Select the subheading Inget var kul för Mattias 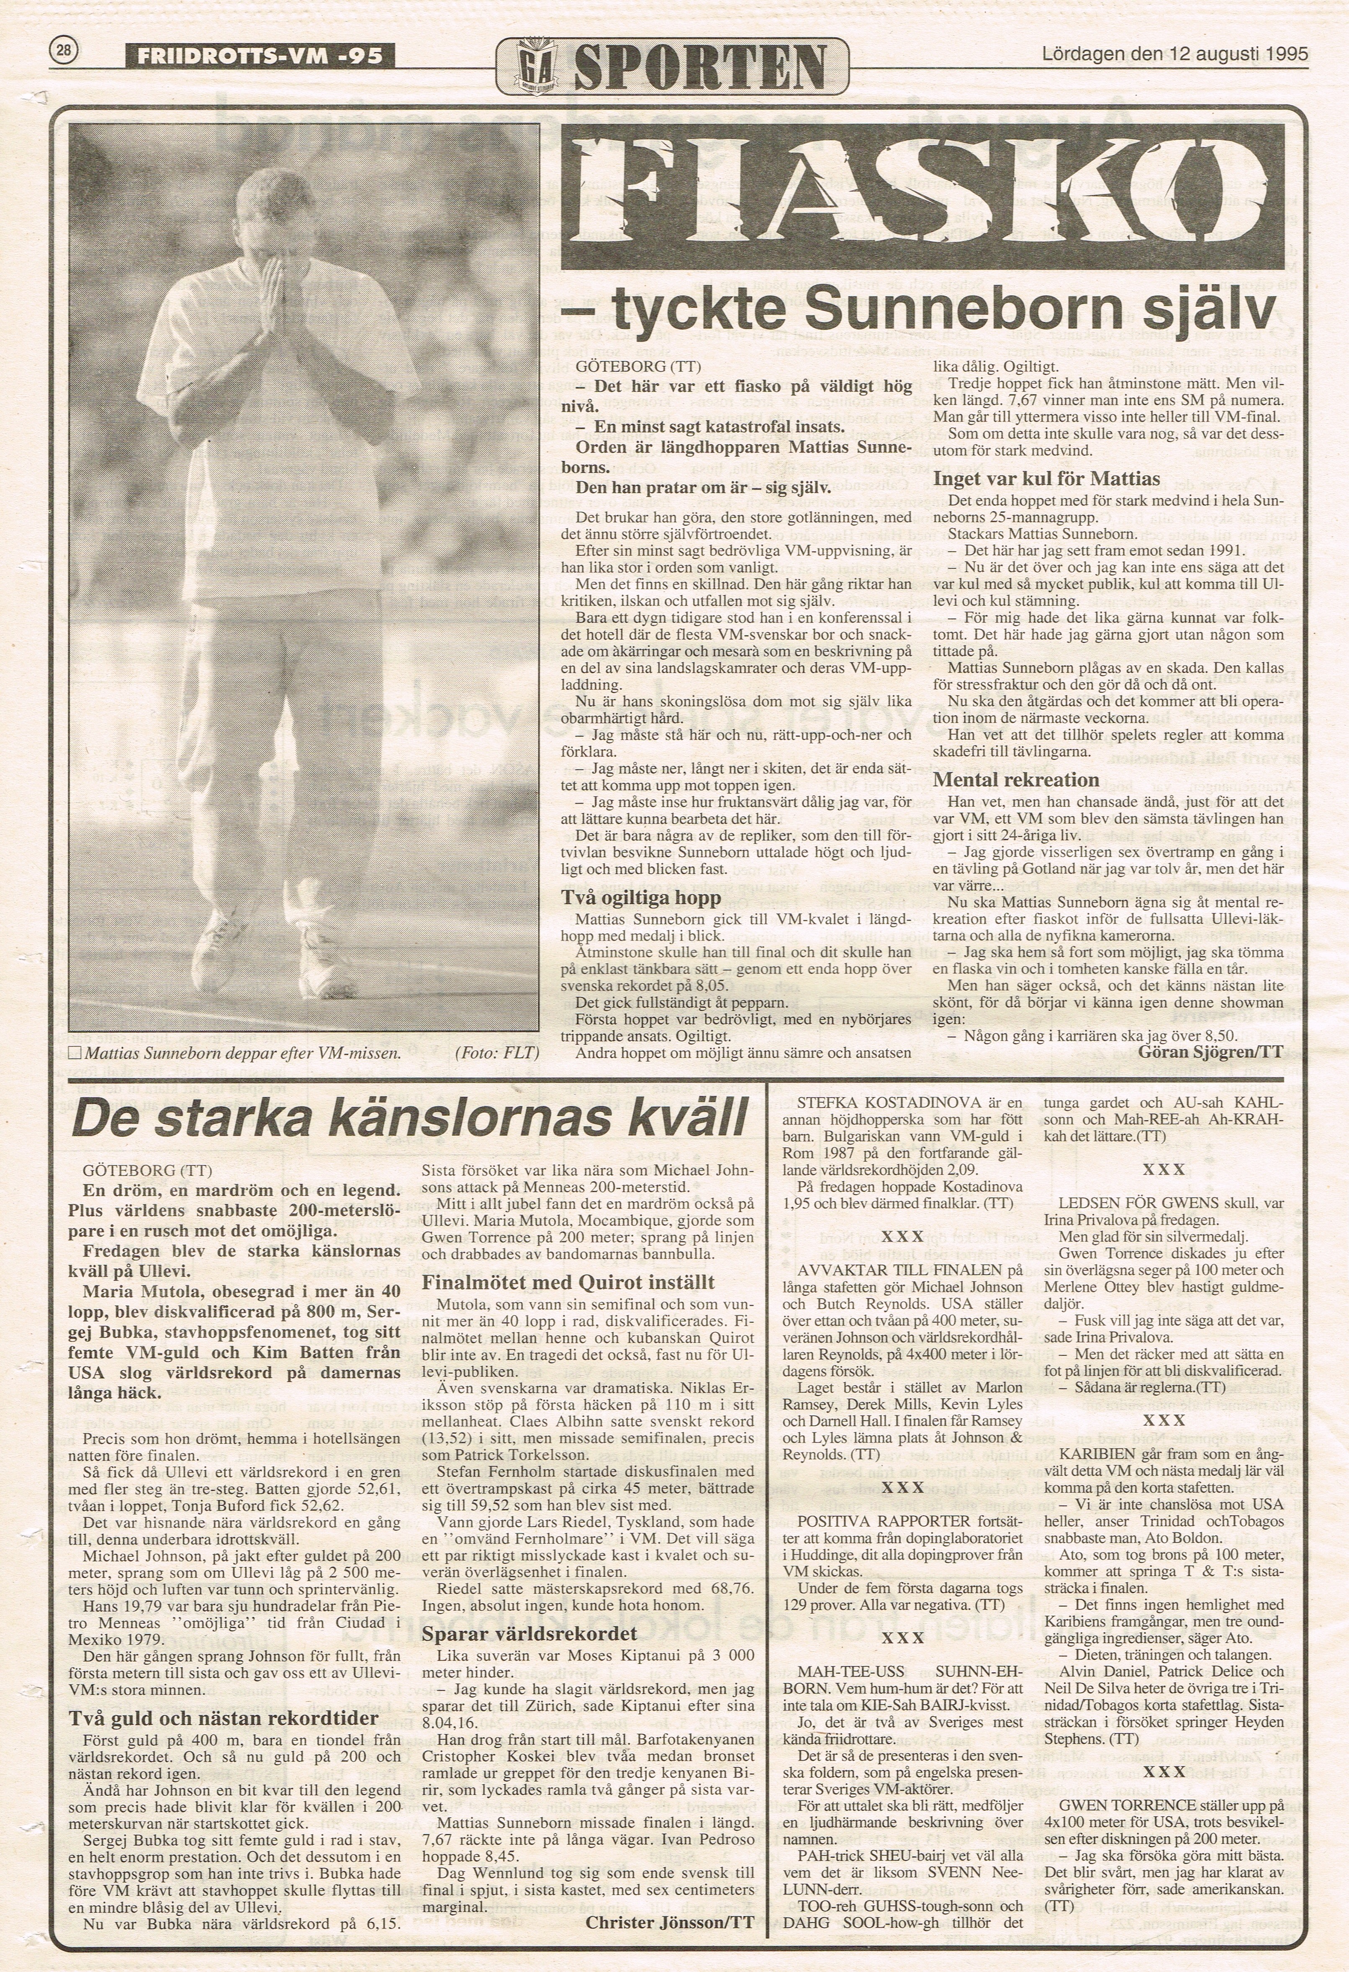(1046, 478)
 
